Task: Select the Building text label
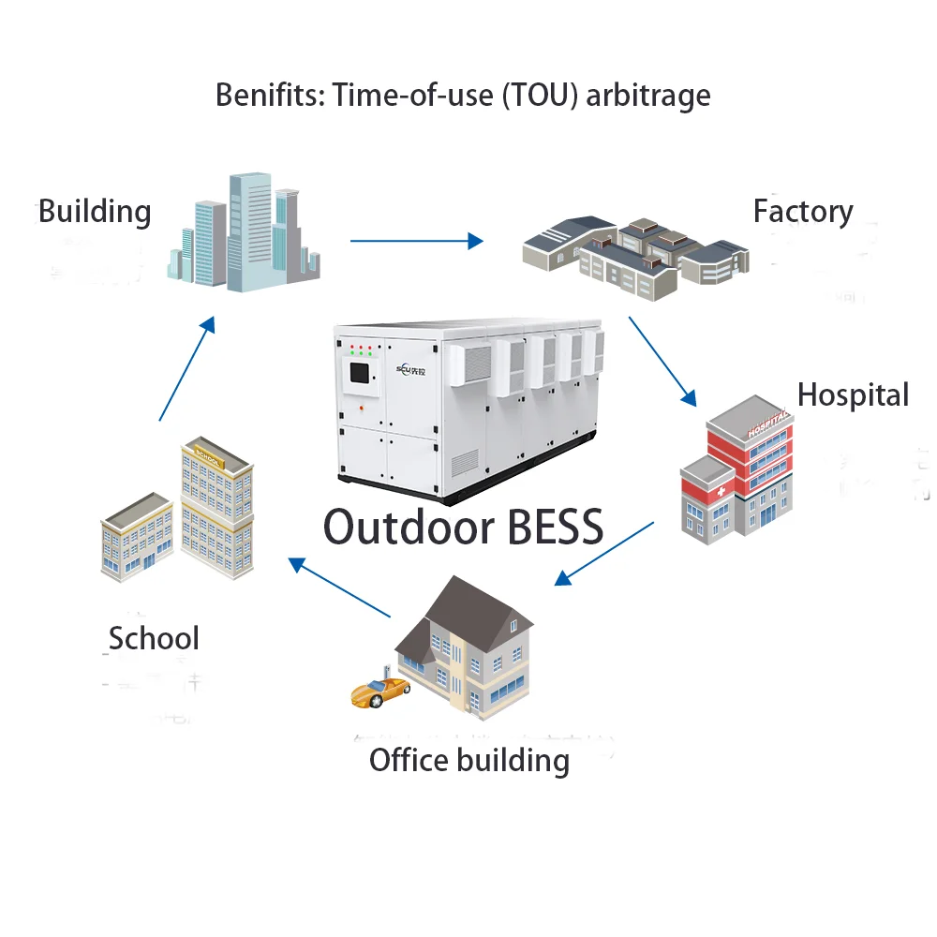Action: point(95,211)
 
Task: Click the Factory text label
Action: point(803,211)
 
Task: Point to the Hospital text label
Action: point(853,394)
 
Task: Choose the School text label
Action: point(154,638)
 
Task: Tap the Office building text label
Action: point(468,759)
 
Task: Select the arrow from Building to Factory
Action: point(416,241)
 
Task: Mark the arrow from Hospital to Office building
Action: point(604,553)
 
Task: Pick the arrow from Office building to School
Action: point(339,587)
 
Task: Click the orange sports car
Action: point(379,692)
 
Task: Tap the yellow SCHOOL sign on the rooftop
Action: point(207,456)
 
